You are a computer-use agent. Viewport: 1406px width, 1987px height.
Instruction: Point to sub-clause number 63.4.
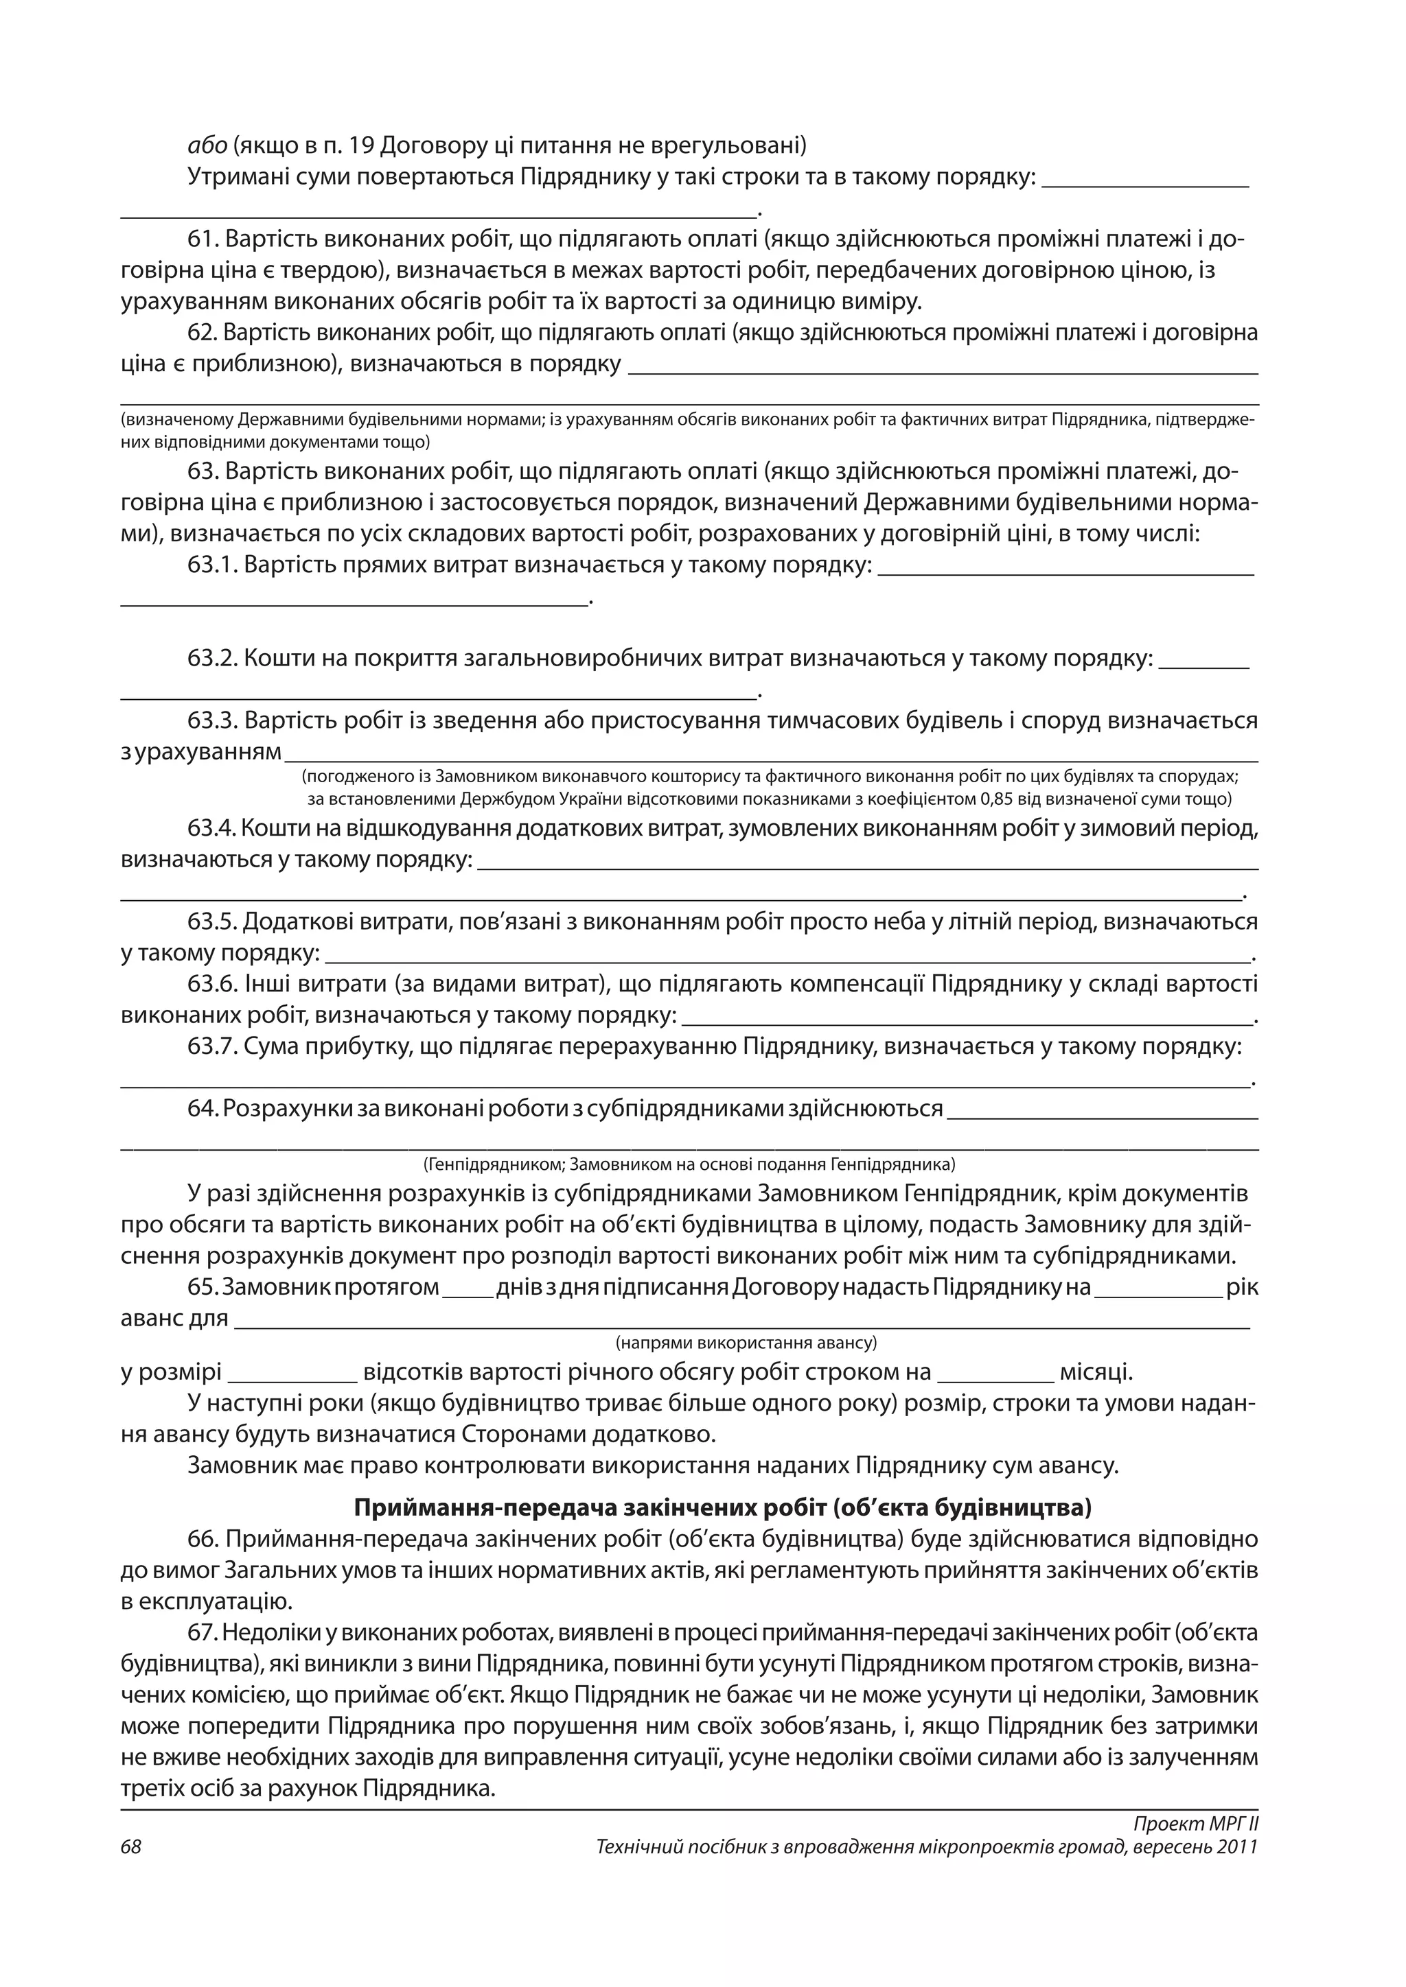pyautogui.click(x=212, y=829)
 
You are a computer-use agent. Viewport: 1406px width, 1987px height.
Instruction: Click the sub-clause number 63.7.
pyautogui.click(x=212, y=1047)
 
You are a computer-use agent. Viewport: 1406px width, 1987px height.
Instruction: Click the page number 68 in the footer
pyautogui.click(x=130, y=1847)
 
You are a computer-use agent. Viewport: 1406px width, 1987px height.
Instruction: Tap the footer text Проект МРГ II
pyautogui.click(x=1195, y=1824)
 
